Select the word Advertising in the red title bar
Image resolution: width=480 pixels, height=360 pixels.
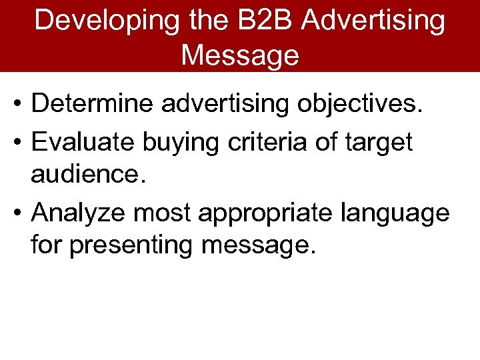click(373, 21)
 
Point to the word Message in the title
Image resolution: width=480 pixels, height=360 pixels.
click(240, 55)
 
